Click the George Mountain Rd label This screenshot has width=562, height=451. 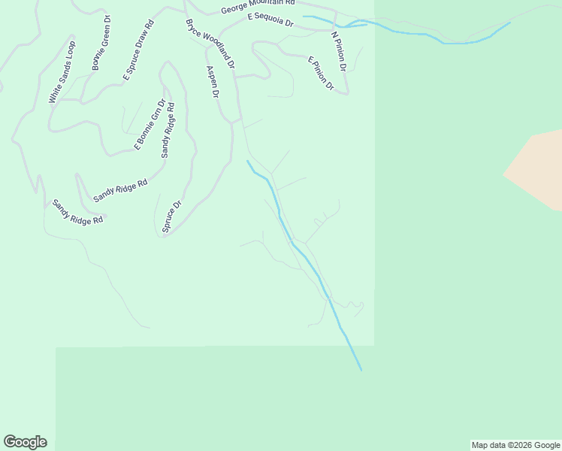258,8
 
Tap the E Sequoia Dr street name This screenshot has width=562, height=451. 270,21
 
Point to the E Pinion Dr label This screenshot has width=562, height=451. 320,73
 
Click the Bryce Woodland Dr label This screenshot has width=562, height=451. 210,44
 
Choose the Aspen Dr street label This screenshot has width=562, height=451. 213,82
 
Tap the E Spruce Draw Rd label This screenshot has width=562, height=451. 138,50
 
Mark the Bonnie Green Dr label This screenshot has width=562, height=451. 101,43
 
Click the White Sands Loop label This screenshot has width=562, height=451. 62,72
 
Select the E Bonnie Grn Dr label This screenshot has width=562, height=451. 149,125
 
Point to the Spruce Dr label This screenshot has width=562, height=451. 172,216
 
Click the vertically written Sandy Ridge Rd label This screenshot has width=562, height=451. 168,131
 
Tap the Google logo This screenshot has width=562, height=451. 25,442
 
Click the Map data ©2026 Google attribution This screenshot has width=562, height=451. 515,445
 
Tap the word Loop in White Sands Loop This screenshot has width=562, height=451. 70,51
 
